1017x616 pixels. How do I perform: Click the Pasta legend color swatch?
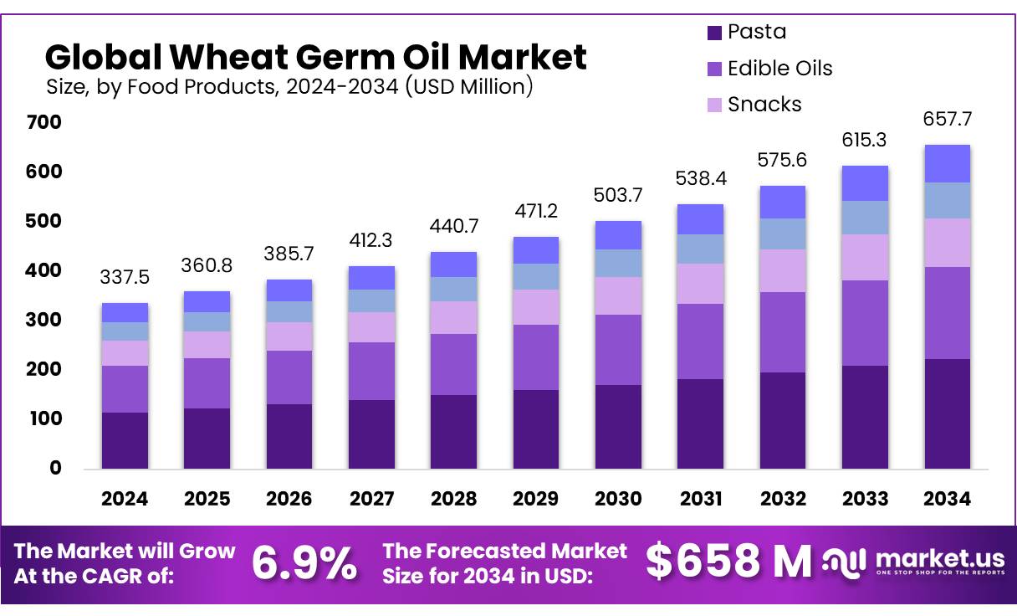point(713,33)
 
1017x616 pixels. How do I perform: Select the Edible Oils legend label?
point(779,68)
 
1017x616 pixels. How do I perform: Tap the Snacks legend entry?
point(764,105)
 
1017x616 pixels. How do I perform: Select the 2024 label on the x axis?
point(125,499)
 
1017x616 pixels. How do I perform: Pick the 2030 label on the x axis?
point(618,499)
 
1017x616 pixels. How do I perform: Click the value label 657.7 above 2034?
point(948,120)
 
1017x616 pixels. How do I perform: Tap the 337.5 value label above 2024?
point(125,276)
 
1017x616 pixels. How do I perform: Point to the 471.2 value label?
point(535,210)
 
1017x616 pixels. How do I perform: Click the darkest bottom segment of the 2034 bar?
point(948,413)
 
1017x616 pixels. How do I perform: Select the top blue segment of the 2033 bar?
point(865,183)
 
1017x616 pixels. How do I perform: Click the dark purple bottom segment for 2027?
point(371,434)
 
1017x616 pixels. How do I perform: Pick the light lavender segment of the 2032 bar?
point(783,270)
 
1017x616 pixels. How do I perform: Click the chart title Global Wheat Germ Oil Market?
point(315,57)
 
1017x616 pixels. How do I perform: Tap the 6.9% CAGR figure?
point(304,562)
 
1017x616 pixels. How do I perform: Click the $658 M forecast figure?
point(728,562)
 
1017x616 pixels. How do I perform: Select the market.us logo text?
point(938,558)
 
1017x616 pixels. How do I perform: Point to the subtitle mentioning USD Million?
point(289,86)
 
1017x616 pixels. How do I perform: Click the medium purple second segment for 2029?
point(535,357)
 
